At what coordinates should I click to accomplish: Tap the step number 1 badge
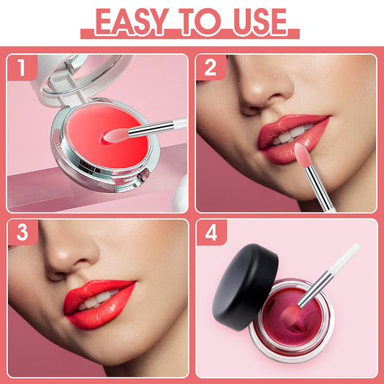22,68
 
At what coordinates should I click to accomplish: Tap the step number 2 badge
211,68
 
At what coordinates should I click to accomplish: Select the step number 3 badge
22,233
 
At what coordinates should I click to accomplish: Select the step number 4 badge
211,233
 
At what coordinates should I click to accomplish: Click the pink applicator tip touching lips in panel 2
303,155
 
